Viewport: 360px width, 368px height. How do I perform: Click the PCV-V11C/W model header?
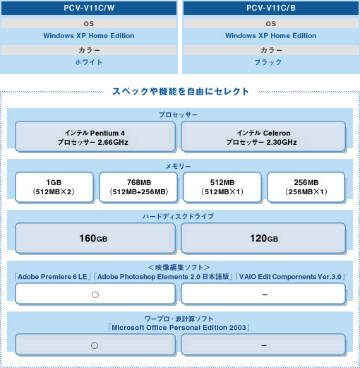(89, 8)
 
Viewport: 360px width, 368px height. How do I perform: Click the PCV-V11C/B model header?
(271, 8)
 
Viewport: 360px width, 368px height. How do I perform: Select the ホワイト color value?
(89, 62)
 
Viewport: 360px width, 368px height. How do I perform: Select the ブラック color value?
(268, 62)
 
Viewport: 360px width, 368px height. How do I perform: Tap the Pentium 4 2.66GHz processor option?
(95, 136)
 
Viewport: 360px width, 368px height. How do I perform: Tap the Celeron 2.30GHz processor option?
(263, 136)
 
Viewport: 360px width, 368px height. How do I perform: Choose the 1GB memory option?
(54, 187)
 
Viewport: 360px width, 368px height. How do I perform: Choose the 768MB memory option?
(138, 187)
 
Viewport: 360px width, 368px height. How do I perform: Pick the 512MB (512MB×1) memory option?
(222, 187)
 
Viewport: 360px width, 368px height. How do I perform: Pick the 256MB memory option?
(306, 187)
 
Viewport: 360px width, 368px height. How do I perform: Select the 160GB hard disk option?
(95, 238)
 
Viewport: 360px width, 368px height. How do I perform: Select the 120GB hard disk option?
(263, 238)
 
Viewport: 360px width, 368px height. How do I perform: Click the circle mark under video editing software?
(95, 295)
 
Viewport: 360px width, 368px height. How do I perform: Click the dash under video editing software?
(265, 295)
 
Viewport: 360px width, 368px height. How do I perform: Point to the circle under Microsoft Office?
(95, 345)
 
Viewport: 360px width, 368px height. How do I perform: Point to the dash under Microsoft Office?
(264, 345)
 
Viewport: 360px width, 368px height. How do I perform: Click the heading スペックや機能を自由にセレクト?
(181, 91)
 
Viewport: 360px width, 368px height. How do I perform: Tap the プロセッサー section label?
(178, 114)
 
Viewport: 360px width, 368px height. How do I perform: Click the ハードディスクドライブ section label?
(178, 216)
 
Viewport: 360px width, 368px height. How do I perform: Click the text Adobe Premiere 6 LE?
(52, 277)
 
